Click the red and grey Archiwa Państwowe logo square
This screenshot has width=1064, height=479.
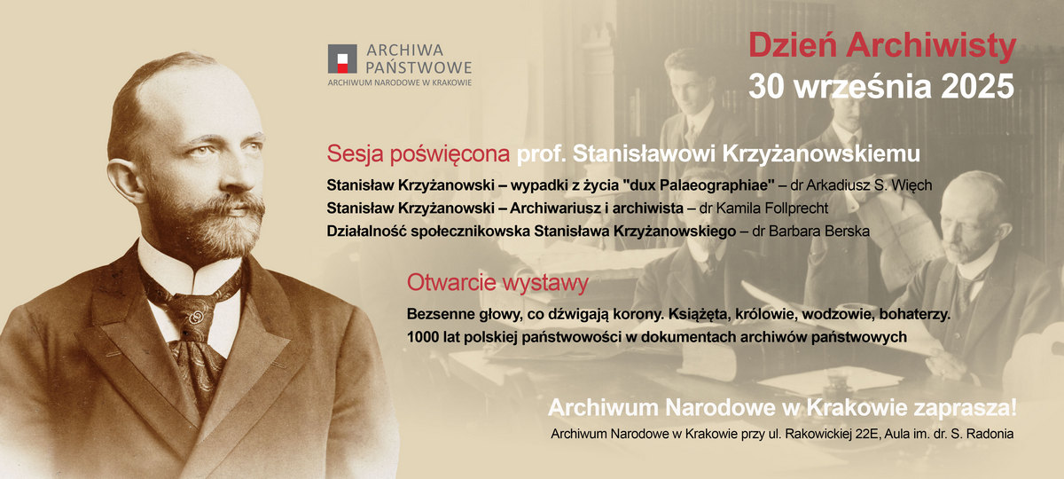point(341,59)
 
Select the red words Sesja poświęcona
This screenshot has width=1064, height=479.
point(418,153)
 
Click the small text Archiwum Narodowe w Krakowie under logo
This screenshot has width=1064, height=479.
point(399,82)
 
